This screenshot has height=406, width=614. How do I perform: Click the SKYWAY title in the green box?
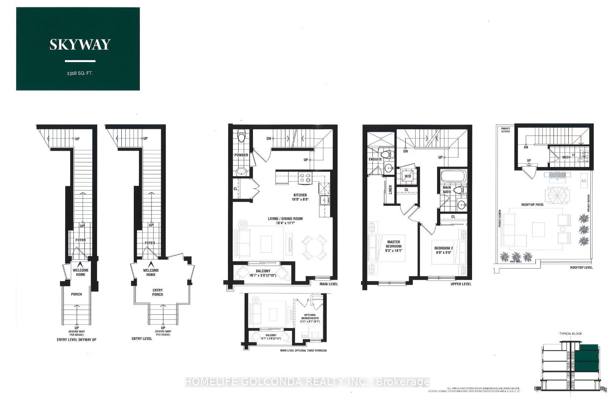80,44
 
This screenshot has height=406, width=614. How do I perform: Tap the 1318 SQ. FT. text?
80,73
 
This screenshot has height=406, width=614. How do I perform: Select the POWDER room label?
241,155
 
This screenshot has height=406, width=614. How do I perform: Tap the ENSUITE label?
375,159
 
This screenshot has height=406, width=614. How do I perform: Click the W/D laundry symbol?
407,176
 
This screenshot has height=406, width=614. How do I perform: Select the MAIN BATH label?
447,190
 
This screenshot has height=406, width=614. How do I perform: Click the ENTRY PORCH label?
157,292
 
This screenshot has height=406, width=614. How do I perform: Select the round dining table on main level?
314,245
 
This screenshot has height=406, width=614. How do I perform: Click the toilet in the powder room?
242,137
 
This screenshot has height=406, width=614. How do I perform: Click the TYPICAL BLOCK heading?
570,334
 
